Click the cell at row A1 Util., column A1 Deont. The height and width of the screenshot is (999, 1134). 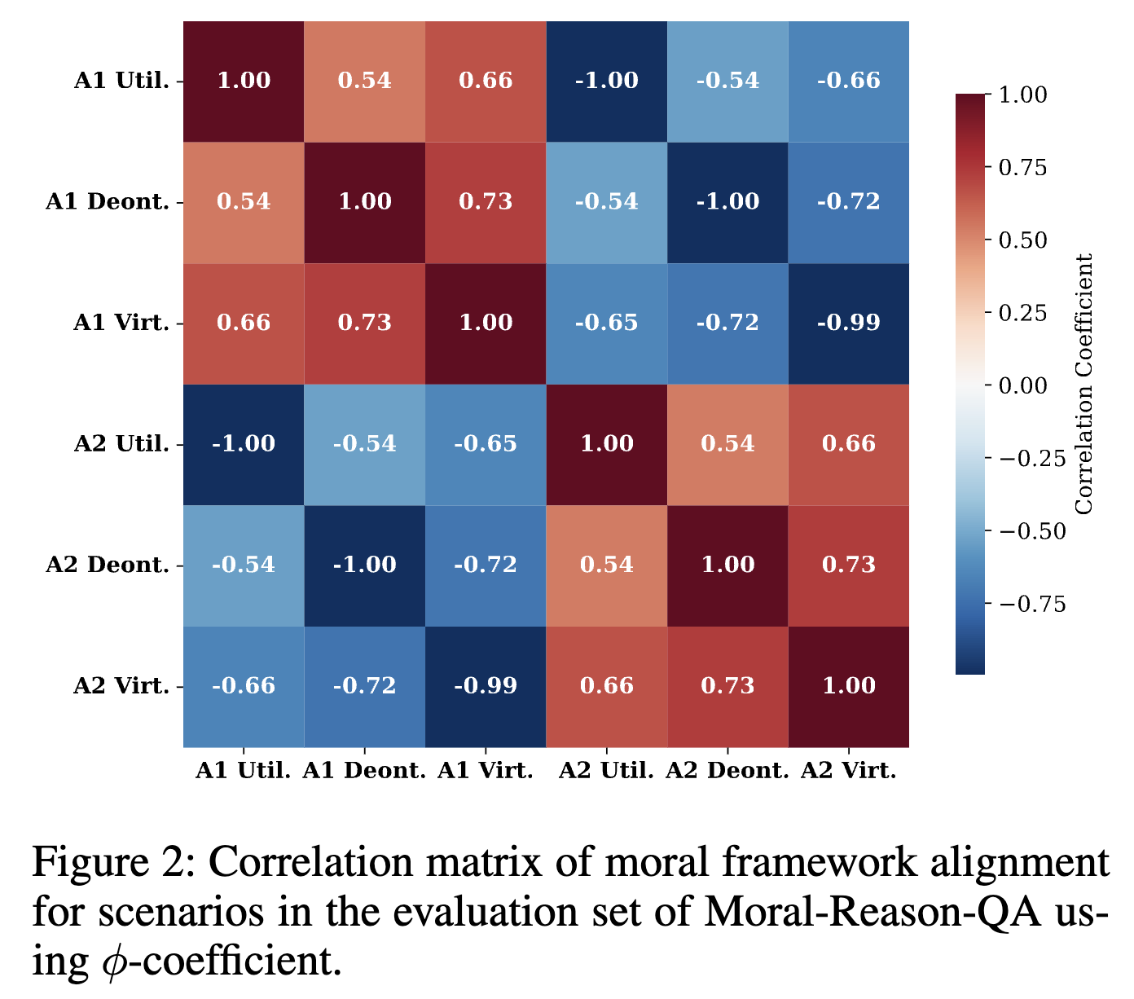click(x=364, y=81)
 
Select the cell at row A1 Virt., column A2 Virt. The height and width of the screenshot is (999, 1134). click(x=848, y=323)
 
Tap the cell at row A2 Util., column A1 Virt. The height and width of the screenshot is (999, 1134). click(x=486, y=444)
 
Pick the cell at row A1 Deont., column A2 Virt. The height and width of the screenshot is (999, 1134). click(x=848, y=202)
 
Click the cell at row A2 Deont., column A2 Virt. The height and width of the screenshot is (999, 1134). click(x=848, y=565)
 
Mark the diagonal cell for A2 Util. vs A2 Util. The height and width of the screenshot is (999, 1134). click(x=607, y=444)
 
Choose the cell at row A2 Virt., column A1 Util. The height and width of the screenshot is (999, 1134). click(x=244, y=686)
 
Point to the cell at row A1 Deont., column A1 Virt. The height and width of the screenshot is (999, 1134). click(x=486, y=202)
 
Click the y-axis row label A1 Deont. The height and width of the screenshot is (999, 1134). click(x=108, y=202)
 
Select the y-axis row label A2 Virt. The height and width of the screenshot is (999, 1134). click(x=121, y=686)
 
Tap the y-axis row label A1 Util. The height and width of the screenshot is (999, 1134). click(x=121, y=81)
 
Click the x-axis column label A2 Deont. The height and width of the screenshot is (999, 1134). click(x=727, y=771)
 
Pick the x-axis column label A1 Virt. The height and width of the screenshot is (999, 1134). click(x=486, y=771)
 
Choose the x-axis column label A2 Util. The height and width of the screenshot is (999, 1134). click(x=607, y=771)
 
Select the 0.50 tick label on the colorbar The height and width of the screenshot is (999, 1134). click(x=1022, y=240)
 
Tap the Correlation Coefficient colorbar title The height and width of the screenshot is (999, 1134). click(x=1083, y=385)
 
